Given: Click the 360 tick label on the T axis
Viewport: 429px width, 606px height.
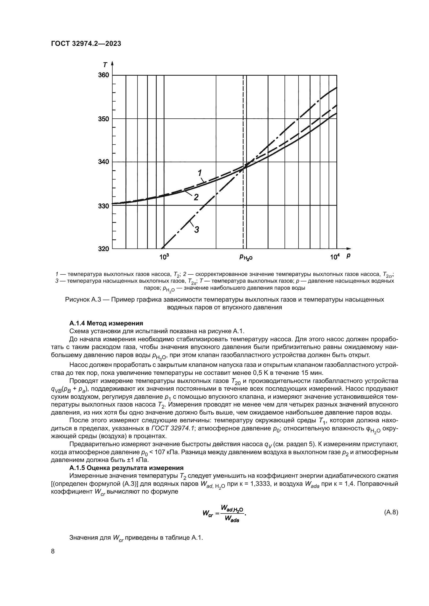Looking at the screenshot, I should pos(103,75).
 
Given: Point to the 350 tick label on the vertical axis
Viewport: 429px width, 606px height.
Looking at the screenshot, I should pos(103,119).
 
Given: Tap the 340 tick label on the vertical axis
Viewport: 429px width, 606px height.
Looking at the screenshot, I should pos(103,161).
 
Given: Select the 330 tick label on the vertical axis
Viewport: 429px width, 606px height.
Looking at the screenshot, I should pos(103,206).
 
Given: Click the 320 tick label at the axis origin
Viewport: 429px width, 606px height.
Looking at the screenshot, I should pos(103,249).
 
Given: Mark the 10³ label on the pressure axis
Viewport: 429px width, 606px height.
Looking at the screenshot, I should pos(164,257).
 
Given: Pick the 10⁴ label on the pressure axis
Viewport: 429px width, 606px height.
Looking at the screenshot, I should pos(334,257).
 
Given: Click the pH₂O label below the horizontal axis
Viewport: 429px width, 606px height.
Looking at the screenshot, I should pos(246,257).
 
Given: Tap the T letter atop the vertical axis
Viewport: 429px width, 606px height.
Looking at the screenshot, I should pos(105,65).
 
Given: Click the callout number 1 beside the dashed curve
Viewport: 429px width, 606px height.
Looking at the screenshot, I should pos(200,173).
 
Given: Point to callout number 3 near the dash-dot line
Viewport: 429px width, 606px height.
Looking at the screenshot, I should pos(196,230).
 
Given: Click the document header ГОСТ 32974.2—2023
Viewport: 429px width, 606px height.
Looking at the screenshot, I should pos(86,44).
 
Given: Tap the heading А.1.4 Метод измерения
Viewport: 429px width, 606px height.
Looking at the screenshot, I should pos(106,323).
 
